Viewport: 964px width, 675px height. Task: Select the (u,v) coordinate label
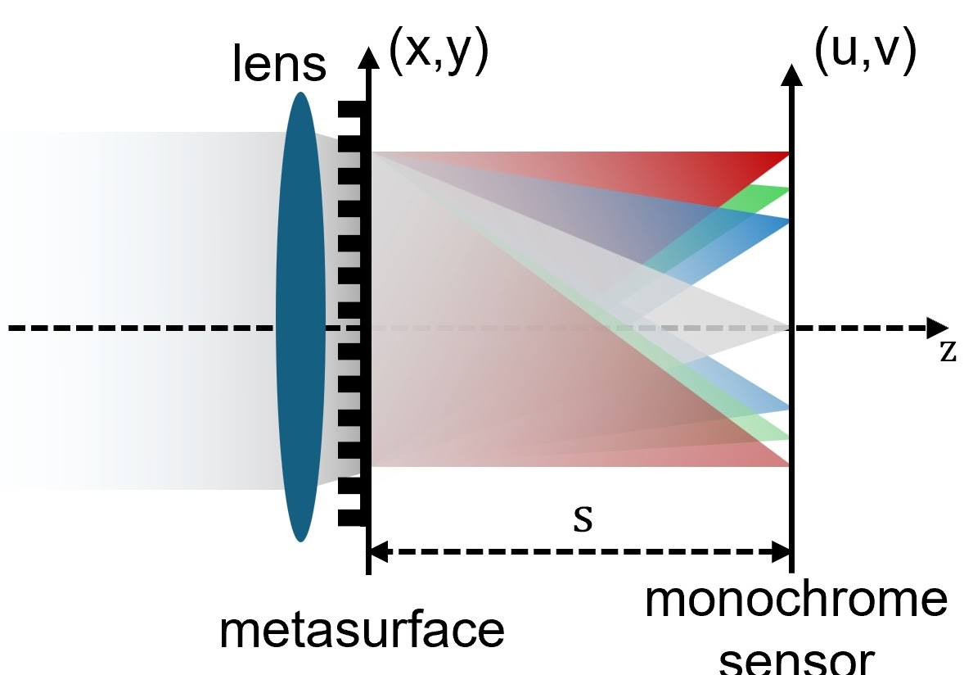(863, 53)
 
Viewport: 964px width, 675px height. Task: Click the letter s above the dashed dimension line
(582, 519)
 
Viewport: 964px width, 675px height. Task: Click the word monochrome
(795, 602)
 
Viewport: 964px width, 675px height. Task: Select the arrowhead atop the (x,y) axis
(370, 56)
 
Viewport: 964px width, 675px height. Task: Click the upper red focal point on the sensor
(787, 153)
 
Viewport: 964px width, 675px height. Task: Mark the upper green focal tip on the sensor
(787, 190)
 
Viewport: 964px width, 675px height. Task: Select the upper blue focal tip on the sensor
(787, 220)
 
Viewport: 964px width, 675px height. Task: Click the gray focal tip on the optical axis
(787, 328)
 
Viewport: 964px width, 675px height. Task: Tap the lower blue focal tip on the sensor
(787, 409)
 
